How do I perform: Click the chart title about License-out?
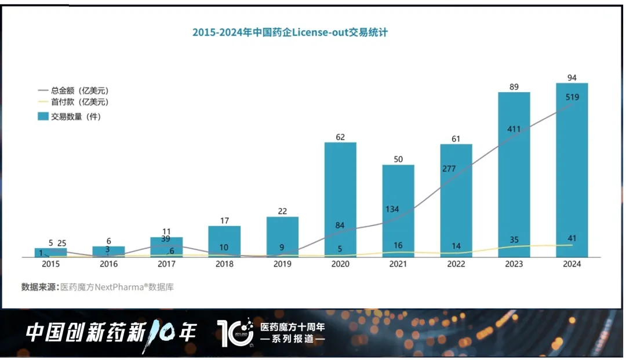click(x=290, y=32)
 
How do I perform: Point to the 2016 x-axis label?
click(x=108, y=264)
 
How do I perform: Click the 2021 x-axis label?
click(x=398, y=264)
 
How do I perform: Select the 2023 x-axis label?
click(x=514, y=264)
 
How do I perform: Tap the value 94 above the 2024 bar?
click(x=572, y=78)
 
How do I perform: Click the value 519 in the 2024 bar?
click(x=572, y=97)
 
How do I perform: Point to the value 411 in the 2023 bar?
click(x=514, y=129)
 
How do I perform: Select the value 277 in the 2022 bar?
click(x=456, y=169)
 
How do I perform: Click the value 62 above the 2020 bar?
click(x=340, y=137)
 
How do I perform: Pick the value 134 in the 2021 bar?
click(x=392, y=209)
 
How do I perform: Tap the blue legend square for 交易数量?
click(x=43, y=117)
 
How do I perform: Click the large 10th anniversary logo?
click(x=235, y=333)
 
